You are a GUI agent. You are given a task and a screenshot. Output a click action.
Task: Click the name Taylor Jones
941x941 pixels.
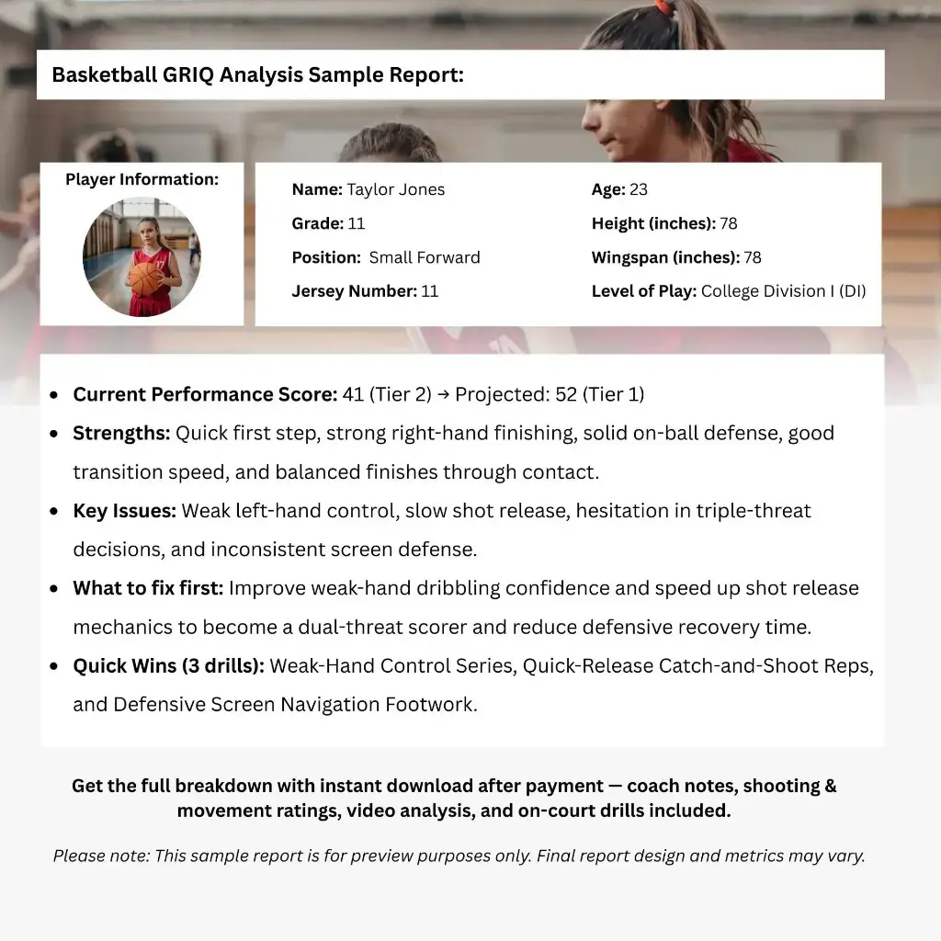click(395, 190)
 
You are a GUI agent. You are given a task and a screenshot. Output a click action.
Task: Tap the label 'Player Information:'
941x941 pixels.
click(142, 180)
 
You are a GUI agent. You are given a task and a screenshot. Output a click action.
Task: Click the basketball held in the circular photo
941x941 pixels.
click(144, 278)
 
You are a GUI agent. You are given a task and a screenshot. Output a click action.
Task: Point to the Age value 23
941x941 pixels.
click(639, 190)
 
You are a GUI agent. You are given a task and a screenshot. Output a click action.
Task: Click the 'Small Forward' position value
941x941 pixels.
click(425, 257)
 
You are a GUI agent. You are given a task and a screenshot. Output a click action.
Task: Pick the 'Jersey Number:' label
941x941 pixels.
click(355, 291)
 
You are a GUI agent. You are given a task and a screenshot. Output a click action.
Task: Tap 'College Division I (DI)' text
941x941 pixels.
click(783, 291)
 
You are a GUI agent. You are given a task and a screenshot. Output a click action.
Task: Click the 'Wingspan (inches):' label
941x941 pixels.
click(665, 257)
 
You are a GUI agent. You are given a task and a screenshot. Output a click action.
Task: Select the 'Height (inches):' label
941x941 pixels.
click(653, 223)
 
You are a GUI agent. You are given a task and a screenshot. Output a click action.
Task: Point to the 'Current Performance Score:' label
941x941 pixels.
click(205, 394)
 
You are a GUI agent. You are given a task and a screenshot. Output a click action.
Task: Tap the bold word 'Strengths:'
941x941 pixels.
click(121, 433)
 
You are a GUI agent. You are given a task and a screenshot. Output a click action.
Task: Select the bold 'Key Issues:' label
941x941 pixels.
click(125, 511)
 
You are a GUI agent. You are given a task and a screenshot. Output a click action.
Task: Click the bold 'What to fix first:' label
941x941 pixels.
click(148, 588)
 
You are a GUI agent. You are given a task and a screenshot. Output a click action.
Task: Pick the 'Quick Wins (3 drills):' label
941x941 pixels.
click(168, 665)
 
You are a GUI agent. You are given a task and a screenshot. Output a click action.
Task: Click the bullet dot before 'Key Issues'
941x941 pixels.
click(55, 511)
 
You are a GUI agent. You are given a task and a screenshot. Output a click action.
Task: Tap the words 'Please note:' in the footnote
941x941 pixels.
click(101, 856)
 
